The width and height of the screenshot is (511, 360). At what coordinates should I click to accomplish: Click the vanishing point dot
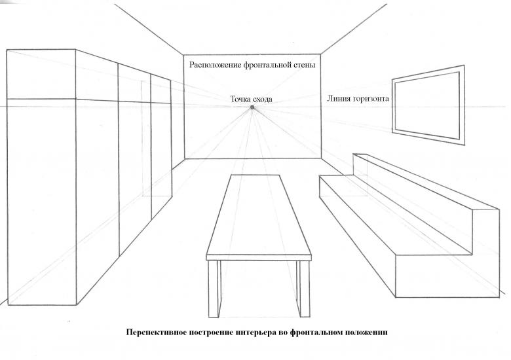point(252,107)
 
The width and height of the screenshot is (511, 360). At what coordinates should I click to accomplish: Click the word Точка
point(241,99)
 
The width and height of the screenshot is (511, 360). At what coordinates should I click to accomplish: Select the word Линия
point(338,98)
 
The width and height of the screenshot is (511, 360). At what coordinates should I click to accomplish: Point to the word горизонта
point(370,99)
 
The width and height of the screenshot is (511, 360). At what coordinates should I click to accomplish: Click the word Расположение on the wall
point(216,65)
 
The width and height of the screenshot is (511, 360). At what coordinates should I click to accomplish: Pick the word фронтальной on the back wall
point(267,65)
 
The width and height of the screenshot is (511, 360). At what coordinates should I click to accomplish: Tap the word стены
point(305,65)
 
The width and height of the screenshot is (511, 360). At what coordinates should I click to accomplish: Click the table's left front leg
point(213,289)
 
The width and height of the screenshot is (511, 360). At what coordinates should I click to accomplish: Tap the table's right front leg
point(305,289)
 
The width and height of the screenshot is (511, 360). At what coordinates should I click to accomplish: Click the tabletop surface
point(259,215)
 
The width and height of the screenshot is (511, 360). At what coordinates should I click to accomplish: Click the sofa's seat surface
point(395,215)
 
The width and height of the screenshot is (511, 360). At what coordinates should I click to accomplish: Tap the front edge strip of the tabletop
point(259,258)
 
